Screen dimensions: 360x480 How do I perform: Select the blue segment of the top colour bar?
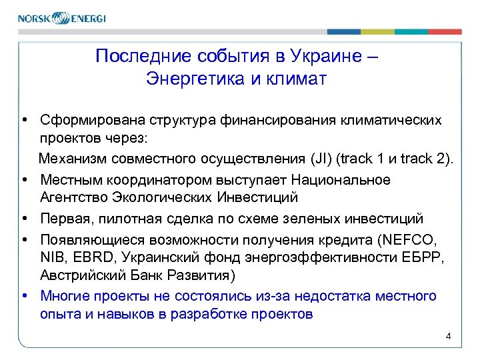pyautogui.click(x=344, y=31)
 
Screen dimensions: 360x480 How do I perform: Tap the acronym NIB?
pyautogui.click(x=51, y=257)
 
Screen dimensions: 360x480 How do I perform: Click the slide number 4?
pyautogui.click(x=448, y=336)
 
